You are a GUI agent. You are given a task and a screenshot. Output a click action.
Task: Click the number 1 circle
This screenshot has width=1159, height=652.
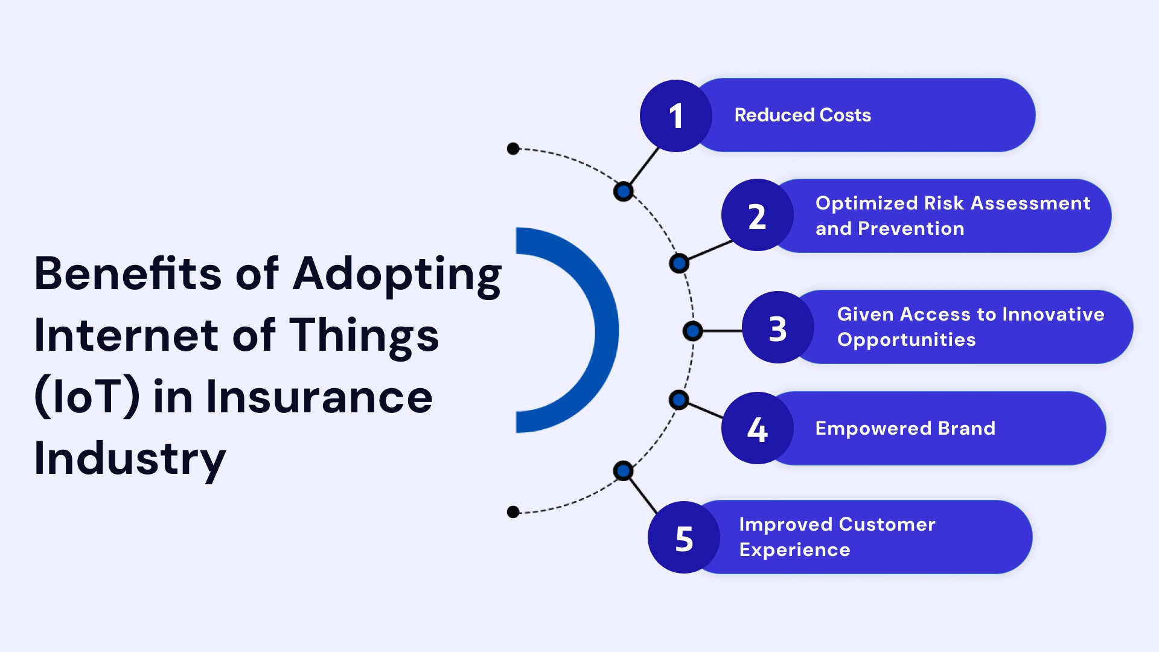(x=675, y=115)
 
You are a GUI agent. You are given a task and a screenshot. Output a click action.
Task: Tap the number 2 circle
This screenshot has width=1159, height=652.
(x=757, y=216)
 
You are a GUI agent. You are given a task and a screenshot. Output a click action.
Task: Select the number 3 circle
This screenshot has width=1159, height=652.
(x=777, y=328)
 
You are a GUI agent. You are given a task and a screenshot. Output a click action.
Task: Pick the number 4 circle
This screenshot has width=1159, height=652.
(x=757, y=428)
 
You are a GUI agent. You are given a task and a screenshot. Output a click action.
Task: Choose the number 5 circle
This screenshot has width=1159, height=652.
(x=683, y=537)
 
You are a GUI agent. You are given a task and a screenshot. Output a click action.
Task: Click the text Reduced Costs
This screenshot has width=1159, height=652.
(x=802, y=115)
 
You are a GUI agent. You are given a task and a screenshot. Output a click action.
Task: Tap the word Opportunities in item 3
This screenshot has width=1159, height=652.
(x=906, y=340)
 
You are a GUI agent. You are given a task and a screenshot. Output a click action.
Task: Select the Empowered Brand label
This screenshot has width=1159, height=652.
(x=905, y=428)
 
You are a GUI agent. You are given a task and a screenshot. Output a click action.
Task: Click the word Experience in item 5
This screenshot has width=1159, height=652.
(x=794, y=550)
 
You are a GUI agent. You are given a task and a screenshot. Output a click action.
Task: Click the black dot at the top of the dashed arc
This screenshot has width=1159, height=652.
(x=513, y=149)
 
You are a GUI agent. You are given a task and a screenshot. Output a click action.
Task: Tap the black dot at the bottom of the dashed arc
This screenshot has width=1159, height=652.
(x=513, y=512)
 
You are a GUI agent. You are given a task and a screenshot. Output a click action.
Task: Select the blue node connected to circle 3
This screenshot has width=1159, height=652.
(x=692, y=331)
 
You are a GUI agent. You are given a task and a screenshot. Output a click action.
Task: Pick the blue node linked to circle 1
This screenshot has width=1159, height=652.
(x=623, y=192)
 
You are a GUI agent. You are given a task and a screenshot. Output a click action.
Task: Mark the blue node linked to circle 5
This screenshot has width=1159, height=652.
(x=623, y=470)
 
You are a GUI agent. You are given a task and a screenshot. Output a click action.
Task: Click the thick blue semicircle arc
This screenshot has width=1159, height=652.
(x=605, y=330)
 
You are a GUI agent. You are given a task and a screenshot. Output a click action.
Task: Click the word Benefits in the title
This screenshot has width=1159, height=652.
(x=127, y=274)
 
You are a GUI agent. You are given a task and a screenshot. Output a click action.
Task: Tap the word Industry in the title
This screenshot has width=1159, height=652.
(x=130, y=459)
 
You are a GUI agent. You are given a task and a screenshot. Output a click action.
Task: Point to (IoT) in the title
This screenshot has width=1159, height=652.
(x=87, y=397)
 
